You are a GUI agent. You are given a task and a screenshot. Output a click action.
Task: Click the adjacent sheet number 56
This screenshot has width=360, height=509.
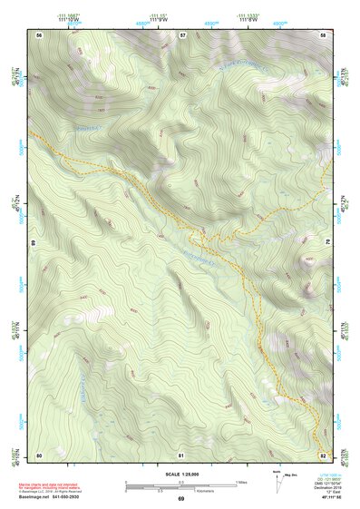click(x=40, y=34)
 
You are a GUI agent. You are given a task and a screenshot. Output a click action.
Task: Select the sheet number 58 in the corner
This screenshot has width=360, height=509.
click(x=323, y=34)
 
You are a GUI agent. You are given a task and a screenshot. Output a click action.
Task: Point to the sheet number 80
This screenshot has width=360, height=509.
click(x=40, y=454)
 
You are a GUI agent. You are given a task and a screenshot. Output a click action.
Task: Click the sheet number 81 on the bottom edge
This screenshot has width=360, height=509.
click(x=181, y=454)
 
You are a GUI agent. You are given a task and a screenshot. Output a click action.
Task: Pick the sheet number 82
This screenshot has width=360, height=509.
click(x=323, y=454)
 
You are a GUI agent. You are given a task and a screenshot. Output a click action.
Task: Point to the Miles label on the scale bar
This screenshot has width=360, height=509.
click(x=240, y=481)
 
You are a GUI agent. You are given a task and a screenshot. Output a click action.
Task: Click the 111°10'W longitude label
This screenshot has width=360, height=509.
click(x=68, y=19)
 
